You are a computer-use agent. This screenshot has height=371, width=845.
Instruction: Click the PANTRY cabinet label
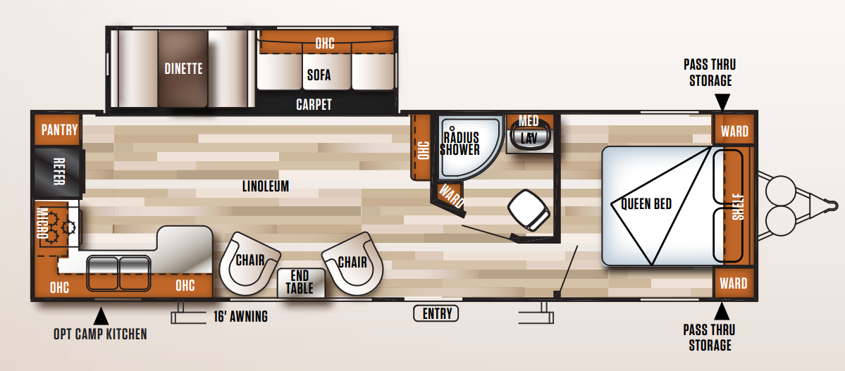click(x=59, y=130)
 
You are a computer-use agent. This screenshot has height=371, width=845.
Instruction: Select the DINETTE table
click(x=183, y=68)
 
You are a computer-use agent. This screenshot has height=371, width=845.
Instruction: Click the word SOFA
click(x=319, y=75)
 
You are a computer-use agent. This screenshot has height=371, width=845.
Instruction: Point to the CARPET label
click(x=314, y=104)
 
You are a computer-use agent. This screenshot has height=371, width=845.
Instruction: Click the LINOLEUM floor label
click(x=265, y=187)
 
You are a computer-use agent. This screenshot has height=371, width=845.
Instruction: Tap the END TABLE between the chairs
click(x=300, y=282)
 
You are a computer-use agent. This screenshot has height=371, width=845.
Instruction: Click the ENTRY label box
click(x=436, y=313)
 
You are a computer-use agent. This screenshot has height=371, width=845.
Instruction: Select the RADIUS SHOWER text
click(x=459, y=144)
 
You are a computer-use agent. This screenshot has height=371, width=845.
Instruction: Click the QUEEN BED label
click(x=646, y=204)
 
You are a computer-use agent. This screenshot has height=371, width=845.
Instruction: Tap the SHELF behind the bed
click(x=736, y=206)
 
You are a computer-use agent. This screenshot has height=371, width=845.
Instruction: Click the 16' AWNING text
click(x=240, y=316)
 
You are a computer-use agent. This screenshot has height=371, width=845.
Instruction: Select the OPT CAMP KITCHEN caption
click(x=100, y=334)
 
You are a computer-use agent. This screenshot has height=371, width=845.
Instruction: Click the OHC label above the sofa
click(x=324, y=44)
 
